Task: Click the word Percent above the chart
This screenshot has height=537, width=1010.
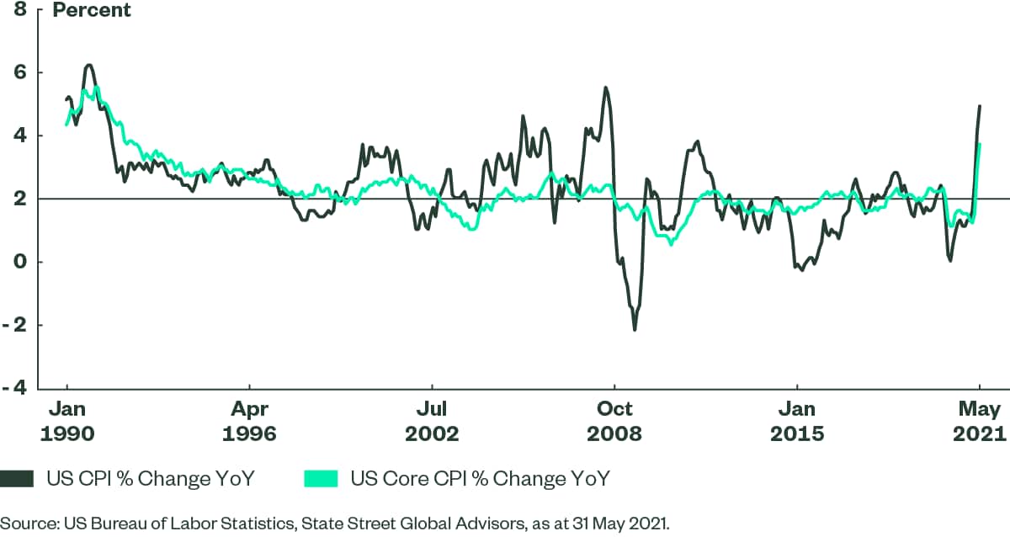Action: (x=92, y=11)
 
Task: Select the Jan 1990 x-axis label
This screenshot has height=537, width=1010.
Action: (x=66, y=422)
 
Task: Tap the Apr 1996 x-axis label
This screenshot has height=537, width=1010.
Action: (x=250, y=422)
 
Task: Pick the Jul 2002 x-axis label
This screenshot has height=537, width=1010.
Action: (x=432, y=422)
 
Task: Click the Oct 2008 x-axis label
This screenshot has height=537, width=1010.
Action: (x=614, y=422)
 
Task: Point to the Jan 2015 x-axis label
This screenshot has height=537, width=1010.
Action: (x=796, y=422)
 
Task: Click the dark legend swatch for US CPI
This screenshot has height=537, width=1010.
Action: (x=18, y=479)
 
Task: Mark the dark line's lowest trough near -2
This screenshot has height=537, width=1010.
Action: (x=634, y=329)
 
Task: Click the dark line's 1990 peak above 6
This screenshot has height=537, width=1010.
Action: (x=88, y=65)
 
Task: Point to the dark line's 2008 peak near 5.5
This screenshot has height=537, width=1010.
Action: (x=605, y=88)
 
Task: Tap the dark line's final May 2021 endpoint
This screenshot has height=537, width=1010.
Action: (x=980, y=106)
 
